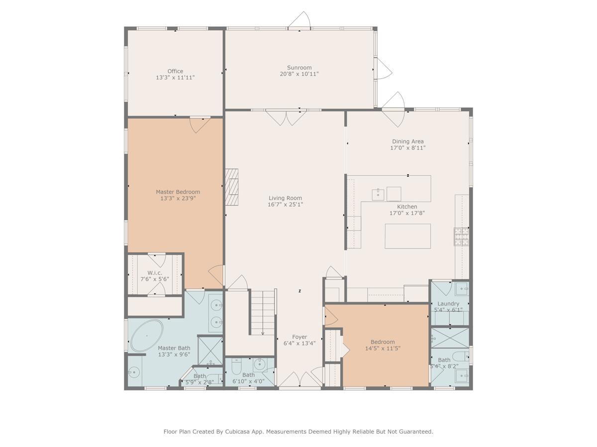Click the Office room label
[x=175, y=71]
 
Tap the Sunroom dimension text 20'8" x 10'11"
[x=299, y=74]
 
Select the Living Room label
[x=285, y=198]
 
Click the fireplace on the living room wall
[x=232, y=187]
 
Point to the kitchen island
[x=407, y=236]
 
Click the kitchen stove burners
[x=460, y=236]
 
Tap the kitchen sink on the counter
[x=378, y=194]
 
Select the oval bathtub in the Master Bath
[x=147, y=336]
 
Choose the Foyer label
[x=299, y=337]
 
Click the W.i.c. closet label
[x=155, y=273]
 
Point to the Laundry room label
[x=448, y=303]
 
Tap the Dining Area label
[x=407, y=142]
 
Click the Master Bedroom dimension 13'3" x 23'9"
[x=178, y=198]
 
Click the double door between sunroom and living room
[x=286, y=117]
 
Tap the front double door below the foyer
[x=299, y=380]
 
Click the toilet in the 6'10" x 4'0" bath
[x=236, y=366]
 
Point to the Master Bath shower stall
[x=210, y=350]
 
